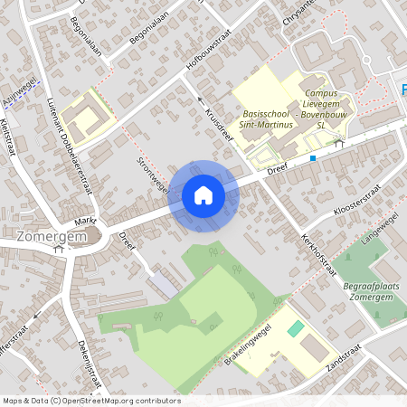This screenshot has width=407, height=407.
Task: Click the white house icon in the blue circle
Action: (203, 195)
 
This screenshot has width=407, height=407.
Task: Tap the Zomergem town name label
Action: (45, 237)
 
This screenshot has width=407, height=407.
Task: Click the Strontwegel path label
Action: (153, 175)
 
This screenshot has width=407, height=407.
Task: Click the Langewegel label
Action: (379, 230)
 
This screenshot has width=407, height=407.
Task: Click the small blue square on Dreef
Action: (313, 158)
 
